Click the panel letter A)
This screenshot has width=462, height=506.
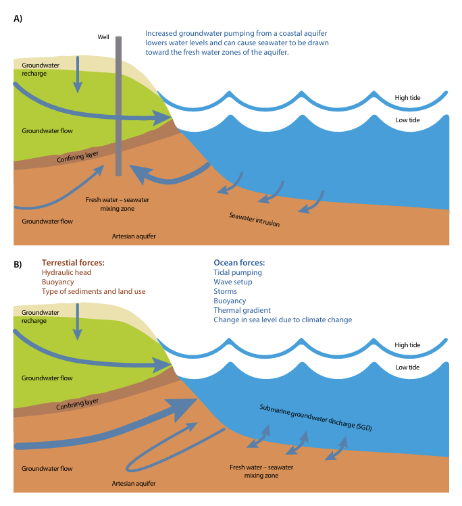click(19, 19)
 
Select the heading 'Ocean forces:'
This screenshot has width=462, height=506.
click(239, 262)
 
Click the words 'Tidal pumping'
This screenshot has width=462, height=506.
click(237, 272)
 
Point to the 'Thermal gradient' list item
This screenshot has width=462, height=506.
click(241, 310)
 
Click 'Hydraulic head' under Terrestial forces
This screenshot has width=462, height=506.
click(66, 272)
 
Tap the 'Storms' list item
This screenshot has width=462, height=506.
click(226, 291)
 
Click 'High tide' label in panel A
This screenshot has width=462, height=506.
click(407, 99)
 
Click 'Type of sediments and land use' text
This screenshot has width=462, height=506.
click(93, 291)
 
